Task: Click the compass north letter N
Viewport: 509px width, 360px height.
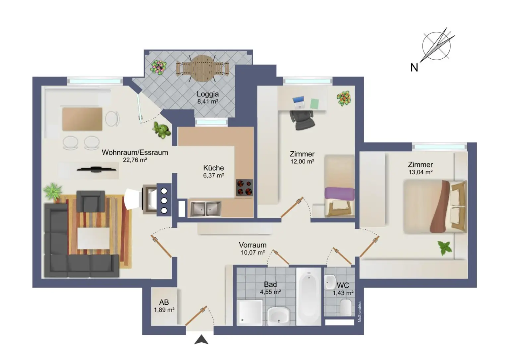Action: click(414, 68)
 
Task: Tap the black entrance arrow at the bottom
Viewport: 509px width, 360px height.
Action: click(201, 340)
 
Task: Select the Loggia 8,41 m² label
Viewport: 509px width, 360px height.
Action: click(208, 97)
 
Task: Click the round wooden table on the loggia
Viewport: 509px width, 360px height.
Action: click(202, 68)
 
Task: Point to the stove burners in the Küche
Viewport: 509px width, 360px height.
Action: click(245, 188)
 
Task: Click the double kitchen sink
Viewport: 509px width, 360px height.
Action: click(205, 209)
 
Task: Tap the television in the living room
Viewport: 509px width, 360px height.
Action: click(96, 170)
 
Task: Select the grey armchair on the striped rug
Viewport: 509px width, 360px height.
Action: click(90, 201)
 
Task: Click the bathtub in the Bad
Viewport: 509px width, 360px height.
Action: click(309, 296)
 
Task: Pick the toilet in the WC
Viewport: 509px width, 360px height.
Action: click(346, 307)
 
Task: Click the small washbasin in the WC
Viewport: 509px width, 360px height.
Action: click(330, 282)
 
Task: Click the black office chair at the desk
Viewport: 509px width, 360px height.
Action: click(302, 120)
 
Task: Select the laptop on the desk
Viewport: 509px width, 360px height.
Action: click(299, 102)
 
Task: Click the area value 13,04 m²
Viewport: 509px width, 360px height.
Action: click(420, 172)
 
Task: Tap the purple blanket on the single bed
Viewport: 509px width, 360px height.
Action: click(339, 194)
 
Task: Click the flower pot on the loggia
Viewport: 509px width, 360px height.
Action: click(158, 67)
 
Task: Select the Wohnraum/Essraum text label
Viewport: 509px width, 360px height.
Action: click(135, 152)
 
